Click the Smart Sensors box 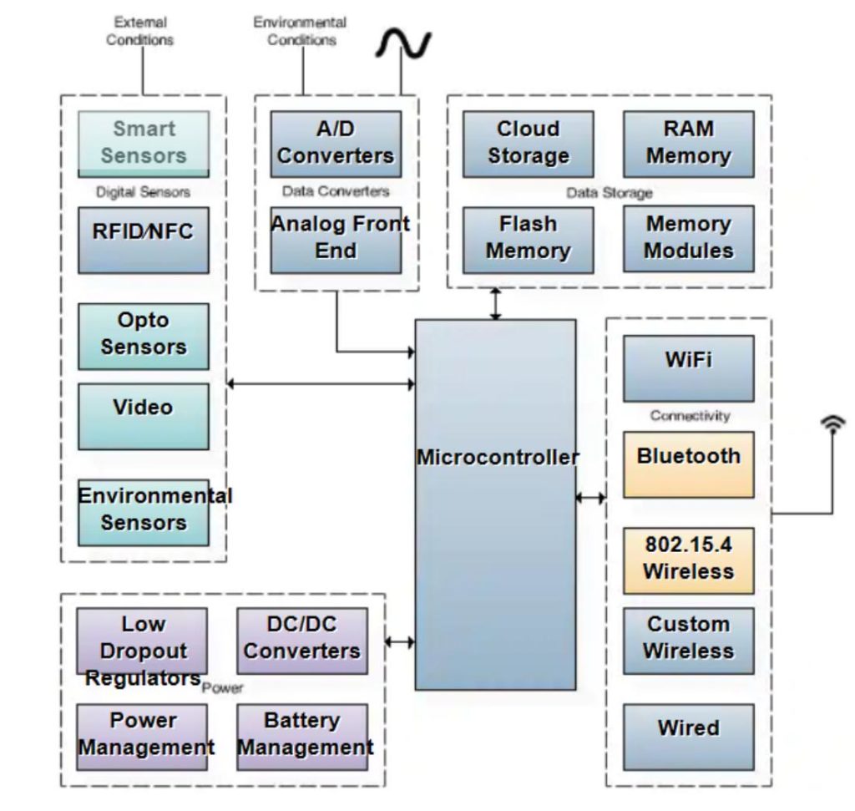[144, 144]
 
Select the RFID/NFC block [144, 240]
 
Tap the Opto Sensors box [144, 336]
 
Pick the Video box [144, 416]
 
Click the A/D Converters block [336, 144]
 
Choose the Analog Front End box [336, 239]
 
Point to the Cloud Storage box [529, 144]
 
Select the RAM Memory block [688, 144]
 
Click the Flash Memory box [529, 239]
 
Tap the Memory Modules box [688, 239]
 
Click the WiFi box [688, 368]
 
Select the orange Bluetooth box [688, 464]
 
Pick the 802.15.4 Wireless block [688, 560]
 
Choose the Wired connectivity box [688, 736]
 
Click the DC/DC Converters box [302, 641]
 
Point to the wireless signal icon [832, 425]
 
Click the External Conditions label [139, 31]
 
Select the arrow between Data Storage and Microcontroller [496, 304]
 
